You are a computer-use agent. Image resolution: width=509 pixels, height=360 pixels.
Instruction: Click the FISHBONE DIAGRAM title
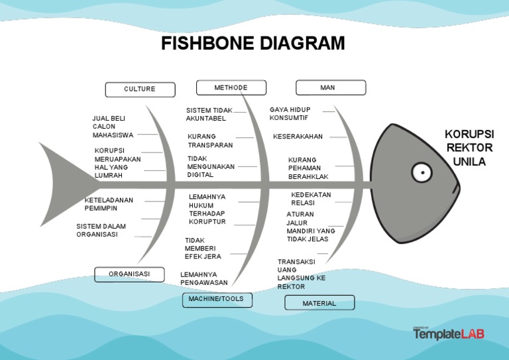pyautogui.click(x=253, y=44)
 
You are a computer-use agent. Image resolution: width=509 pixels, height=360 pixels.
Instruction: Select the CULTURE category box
pyautogui.click(x=140, y=90)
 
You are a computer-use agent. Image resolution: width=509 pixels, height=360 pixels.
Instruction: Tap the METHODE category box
pyautogui.click(x=231, y=88)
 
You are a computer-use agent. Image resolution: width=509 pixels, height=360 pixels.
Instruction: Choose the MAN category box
pyautogui.click(x=330, y=88)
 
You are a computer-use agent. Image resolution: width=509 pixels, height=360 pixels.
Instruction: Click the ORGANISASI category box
pyautogui.click(x=129, y=274)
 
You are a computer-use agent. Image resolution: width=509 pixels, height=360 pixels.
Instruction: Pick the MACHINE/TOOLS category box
pyautogui.click(x=216, y=300)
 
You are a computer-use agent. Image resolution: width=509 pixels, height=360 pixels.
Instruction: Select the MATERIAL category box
pyautogui.click(x=319, y=303)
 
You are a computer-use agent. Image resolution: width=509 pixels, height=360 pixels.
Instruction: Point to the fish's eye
pyautogui.click(x=422, y=172)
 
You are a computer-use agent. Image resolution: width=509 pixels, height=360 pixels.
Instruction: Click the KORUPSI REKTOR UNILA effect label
pyautogui.click(x=469, y=149)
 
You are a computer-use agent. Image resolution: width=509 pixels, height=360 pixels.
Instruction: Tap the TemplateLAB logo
pyautogui.click(x=449, y=333)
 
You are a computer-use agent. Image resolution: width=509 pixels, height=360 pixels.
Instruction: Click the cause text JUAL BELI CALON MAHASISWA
pyautogui.click(x=113, y=127)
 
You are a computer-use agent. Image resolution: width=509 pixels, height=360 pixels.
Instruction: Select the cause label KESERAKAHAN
pyautogui.click(x=298, y=137)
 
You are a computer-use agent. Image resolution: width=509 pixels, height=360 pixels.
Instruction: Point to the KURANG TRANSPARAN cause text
pyautogui.click(x=210, y=141)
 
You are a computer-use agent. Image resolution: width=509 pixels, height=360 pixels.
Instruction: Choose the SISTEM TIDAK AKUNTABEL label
pyautogui.click(x=209, y=115)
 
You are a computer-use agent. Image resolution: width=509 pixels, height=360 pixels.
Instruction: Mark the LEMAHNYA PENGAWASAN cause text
pyautogui.click(x=204, y=278)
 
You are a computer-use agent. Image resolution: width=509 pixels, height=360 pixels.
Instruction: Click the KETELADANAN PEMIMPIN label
pyautogui.click(x=109, y=204)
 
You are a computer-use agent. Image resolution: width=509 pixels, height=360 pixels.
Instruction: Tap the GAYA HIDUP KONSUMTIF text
pyautogui.click(x=290, y=113)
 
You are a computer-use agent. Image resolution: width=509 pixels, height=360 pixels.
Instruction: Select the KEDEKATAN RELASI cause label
pyautogui.click(x=311, y=199)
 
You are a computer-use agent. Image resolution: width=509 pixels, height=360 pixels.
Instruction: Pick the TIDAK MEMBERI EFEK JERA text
pyautogui.click(x=203, y=249)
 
